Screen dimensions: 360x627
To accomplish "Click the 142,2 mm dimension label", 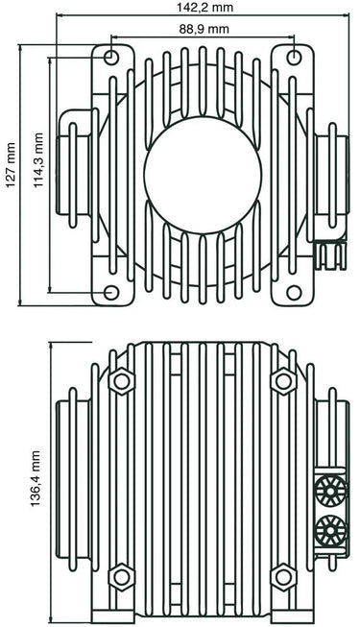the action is point(204,7).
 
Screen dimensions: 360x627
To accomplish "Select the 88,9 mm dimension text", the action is point(204,29).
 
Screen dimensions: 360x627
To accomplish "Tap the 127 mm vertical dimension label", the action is point(11,165).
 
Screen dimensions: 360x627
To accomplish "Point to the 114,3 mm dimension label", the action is point(37,160).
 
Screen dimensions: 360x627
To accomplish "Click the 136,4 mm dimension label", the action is point(36,478).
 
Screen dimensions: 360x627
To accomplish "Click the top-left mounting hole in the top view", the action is point(110,58).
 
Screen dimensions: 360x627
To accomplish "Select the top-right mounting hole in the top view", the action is point(294,58).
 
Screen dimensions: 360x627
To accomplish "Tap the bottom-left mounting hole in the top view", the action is point(110,293).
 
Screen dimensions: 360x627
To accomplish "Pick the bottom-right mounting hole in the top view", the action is point(294,293).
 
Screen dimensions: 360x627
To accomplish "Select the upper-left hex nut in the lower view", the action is point(122,381).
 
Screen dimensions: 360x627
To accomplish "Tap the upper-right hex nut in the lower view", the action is point(283,381).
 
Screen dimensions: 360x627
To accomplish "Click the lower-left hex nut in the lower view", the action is point(122,577).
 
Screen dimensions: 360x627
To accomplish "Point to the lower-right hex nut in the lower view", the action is point(283,577).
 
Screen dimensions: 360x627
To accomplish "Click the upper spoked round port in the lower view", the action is point(330,490).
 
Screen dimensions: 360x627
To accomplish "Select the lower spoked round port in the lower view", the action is point(330,530).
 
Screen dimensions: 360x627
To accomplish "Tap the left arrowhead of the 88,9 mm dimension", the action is point(113,37).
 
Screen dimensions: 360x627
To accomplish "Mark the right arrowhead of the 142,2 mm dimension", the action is point(346,14).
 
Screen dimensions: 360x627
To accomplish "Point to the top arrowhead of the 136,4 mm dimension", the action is point(50,346).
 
